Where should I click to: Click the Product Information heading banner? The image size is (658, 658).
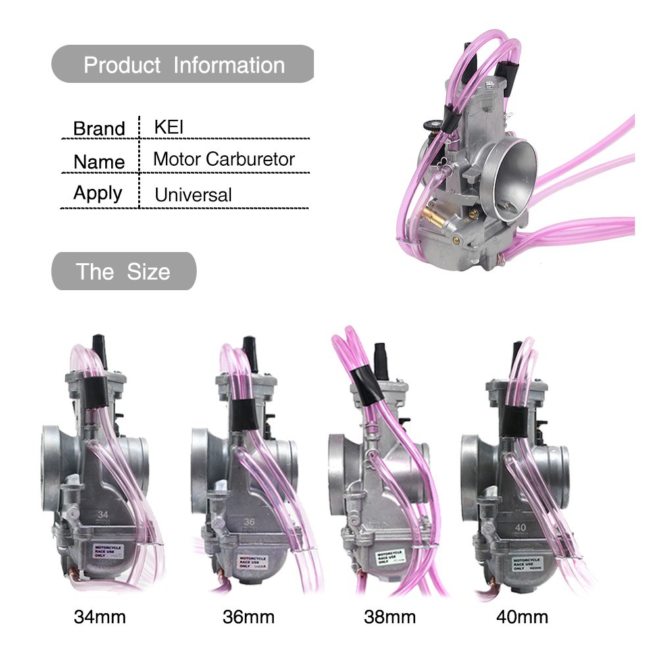(x=184, y=64)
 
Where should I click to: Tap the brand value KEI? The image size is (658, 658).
(x=168, y=126)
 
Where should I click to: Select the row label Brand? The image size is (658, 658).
(x=99, y=128)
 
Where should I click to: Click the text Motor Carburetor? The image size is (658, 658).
(x=224, y=159)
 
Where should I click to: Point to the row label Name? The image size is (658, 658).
(x=99, y=162)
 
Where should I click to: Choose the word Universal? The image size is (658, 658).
(x=193, y=195)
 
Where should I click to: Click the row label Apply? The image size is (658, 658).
(x=97, y=193)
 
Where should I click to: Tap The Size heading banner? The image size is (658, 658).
(x=123, y=271)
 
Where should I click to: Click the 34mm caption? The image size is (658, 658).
(x=99, y=617)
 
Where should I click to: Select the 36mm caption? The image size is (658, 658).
(x=248, y=617)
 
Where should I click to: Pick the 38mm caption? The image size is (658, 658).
(x=390, y=617)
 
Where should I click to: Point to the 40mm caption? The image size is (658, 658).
(x=522, y=617)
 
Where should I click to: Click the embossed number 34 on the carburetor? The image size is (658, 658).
(x=103, y=515)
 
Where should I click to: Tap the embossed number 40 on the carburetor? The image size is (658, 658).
(x=520, y=527)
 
